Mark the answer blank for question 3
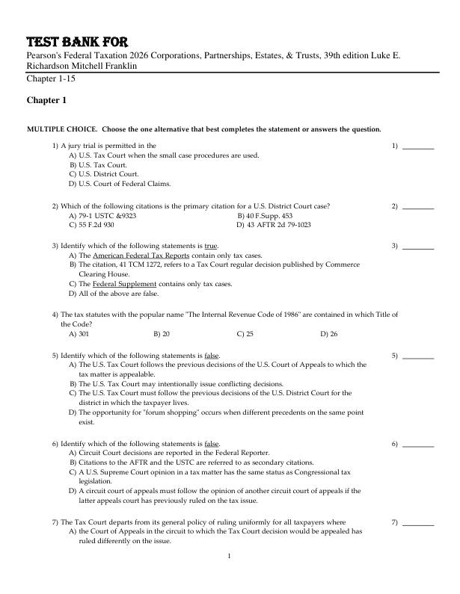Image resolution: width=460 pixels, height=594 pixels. coord(418,245)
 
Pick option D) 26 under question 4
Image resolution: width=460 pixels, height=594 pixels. coord(329,334)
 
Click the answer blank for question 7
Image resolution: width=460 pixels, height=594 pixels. coord(418,522)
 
